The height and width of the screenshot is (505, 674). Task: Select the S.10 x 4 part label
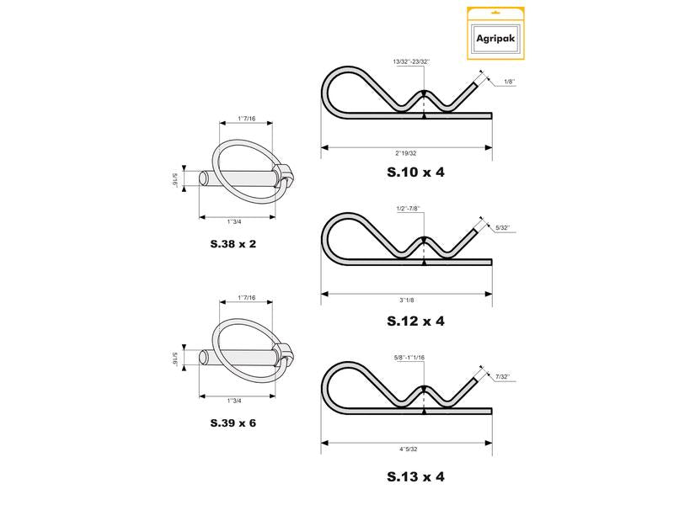tap(415, 173)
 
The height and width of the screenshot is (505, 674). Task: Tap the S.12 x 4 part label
tap(415, 321)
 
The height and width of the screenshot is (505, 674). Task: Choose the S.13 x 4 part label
tap(415, 476)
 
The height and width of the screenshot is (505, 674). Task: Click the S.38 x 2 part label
tap(233, 244)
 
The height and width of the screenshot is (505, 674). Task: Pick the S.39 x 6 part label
tap(233, 422)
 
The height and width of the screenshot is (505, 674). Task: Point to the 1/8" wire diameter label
tap(509, 82)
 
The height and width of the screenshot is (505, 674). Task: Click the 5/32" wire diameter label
tap(503, 227)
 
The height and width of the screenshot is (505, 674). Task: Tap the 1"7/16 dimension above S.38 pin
tap(246, 119)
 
